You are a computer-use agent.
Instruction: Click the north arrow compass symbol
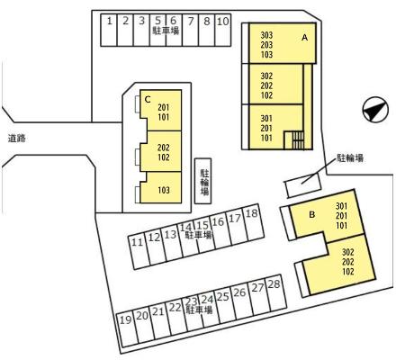375,110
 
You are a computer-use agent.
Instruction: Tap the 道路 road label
17,139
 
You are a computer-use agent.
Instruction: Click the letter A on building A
305,38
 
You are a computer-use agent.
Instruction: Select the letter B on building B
312,215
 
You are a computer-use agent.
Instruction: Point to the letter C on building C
148,99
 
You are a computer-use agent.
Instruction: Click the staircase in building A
294,140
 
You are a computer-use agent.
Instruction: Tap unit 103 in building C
164,190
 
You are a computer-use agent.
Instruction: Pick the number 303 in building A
266,35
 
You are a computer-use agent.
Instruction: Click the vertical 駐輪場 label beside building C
204,182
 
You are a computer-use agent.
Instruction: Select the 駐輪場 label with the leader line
350,158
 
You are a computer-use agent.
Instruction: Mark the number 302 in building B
348,252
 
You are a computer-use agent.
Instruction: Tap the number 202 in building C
164,148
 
